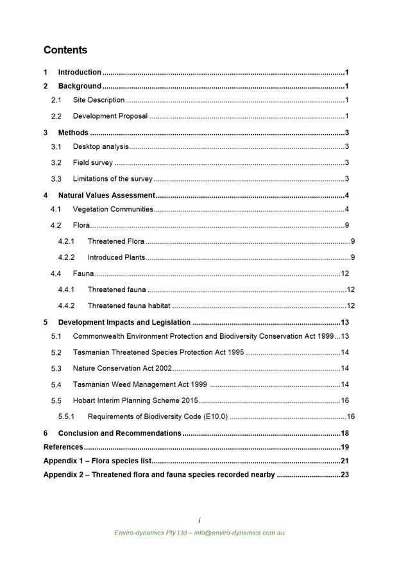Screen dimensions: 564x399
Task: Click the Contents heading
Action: pyautogui.click(x=65, y=50)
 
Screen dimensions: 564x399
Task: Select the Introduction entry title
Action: pyautogui.click(x=80, y=73)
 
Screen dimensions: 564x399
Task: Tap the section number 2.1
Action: pyautogui.click(x=56, y=100)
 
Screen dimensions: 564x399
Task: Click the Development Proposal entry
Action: pyautogui.click(x=110, y=116)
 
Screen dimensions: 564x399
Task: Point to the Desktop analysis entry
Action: pyautogui.click(x=101, y=147)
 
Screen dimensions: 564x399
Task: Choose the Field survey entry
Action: pyautogui.click(x=92, y=163)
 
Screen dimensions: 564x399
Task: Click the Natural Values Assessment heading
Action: pyautogui.click(x=106, y=195)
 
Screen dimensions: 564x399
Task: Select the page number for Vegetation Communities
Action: pyautogui.click(x=346, y=209)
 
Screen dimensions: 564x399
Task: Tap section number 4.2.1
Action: pyautogui.click(x=66, y=241)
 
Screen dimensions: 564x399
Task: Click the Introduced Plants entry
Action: pyautogui.click(x=116, y=257)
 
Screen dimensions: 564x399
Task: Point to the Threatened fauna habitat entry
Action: pyautogui.click(x=129, y=305)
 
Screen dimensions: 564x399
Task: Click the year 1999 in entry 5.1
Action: pyautogui.click(x=325, y=336)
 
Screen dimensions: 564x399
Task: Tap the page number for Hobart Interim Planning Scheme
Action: pyautogui.click(x=344, y=400)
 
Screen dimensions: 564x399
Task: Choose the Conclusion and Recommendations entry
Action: pyautogui.click(x=119, y=433)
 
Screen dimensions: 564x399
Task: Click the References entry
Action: pyautogui.click(x=63, y=447)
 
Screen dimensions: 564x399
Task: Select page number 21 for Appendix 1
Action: pyautogui.click(x=344, y=461)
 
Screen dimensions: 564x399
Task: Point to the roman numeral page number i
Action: pyautogui.click(x=199, y=520)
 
